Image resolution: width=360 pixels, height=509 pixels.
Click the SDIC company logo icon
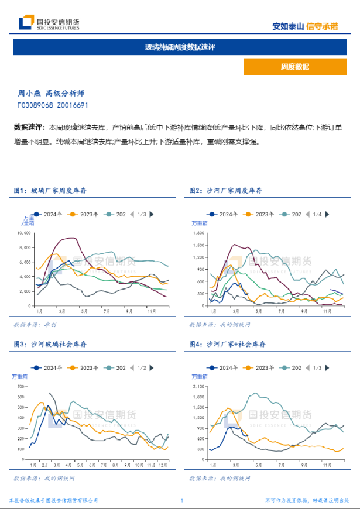(26, 23)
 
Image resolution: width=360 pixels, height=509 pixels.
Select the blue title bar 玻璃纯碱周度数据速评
(180, 47)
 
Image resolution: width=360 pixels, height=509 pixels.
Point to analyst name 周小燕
(29, 93)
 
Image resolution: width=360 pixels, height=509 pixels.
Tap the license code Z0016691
(73, 105)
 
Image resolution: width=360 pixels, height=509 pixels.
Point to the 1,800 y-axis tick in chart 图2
(200, 233)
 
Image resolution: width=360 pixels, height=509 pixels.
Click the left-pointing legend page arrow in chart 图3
(131, 368)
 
